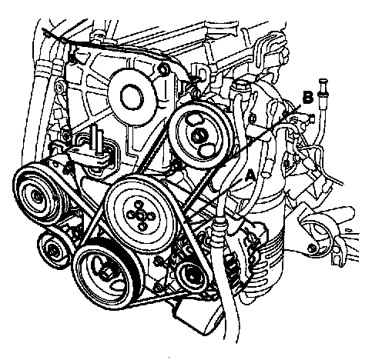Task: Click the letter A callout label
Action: (250, 176)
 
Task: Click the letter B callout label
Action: (308, 98)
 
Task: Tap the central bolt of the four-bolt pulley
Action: (140, 216)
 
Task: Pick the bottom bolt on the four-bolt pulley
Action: (142, 227)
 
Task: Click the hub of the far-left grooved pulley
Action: (38, 196)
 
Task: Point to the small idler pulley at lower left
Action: (53, 249)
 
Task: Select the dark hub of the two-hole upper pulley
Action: (199, 135)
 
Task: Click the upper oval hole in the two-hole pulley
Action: (194, 119)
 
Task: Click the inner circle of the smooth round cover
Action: (132, 98)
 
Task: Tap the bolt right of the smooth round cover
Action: (163, 69)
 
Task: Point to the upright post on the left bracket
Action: (99, 139)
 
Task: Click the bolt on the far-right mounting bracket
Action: (311, 248)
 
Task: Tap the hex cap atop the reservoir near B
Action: (238, 85)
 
